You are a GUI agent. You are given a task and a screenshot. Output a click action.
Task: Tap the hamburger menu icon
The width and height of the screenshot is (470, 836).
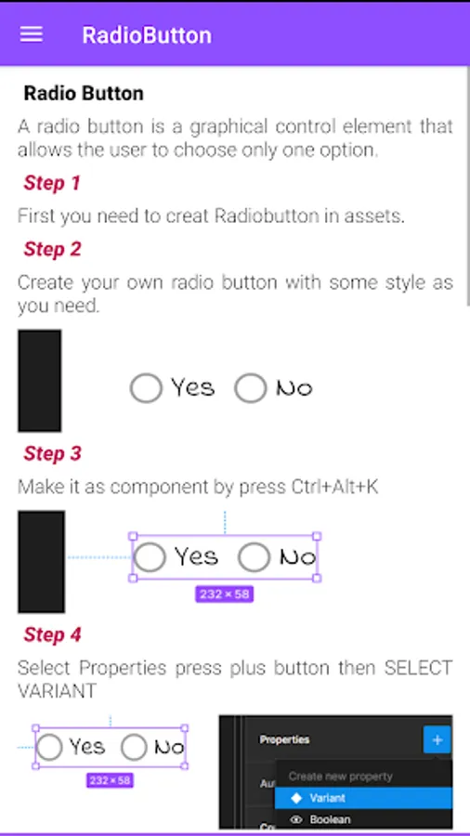point(32,34)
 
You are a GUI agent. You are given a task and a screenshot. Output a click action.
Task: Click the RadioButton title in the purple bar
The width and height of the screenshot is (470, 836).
point(147,35)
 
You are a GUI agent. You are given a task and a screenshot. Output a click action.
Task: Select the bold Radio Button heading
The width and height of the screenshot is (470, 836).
point(84,93)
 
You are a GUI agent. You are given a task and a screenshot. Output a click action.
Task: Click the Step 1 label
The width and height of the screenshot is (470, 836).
point(52,183)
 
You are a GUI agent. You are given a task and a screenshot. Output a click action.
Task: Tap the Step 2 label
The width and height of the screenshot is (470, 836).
point(52,249)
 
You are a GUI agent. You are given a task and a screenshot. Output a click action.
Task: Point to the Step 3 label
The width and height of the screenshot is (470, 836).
point(52,453)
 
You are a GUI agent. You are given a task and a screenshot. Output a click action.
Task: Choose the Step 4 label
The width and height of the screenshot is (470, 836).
point(52,635)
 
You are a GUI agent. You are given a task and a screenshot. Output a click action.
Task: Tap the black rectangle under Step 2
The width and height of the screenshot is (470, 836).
point(39,381)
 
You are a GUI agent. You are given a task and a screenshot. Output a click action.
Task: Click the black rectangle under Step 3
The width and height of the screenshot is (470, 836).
point(42,562)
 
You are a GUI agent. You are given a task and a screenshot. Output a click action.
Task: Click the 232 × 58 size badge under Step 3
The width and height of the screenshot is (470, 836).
point(225,594)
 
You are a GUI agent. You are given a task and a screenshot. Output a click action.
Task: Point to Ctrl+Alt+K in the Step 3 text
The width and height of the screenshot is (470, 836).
point(334,488)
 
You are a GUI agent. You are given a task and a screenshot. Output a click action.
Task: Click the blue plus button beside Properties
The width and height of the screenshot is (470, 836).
point(437,740)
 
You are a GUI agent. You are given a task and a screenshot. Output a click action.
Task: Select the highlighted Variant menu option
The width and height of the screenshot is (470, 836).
point(363,798)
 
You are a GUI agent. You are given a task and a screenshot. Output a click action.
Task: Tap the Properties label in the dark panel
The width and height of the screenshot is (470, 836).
point(284,739)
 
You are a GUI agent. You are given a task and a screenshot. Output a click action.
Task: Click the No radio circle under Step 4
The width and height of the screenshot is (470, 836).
point(134,747)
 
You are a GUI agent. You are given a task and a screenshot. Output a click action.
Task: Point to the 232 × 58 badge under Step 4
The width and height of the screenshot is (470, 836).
point(110,780)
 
